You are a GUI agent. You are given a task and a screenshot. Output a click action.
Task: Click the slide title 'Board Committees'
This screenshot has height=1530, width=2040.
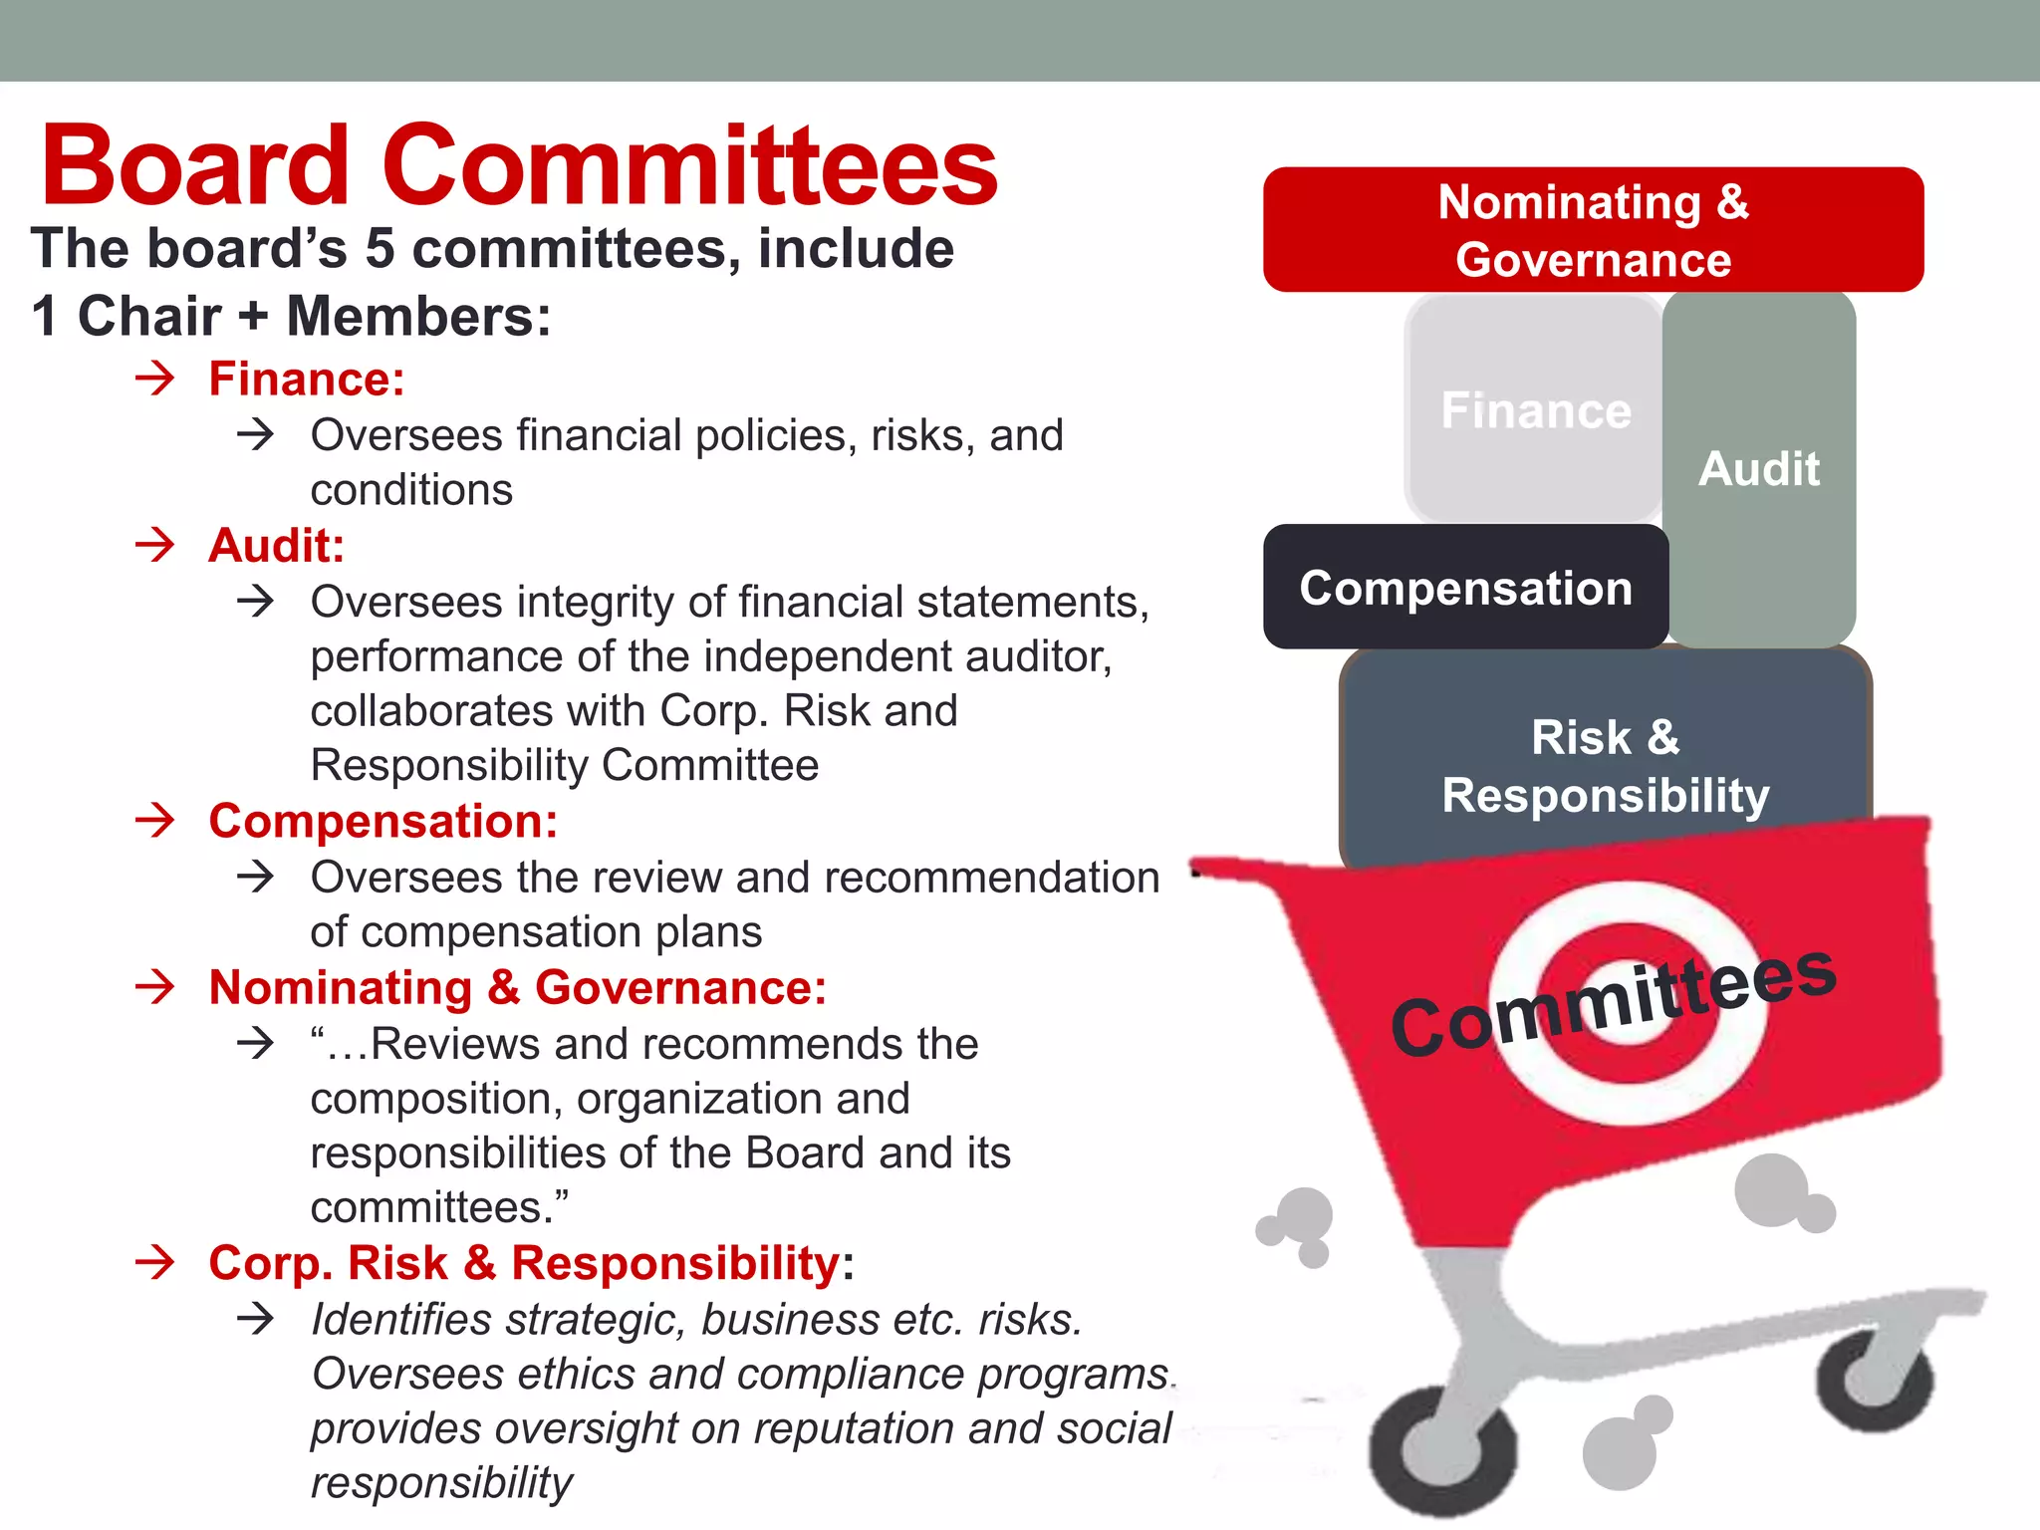click(x=518, y=165)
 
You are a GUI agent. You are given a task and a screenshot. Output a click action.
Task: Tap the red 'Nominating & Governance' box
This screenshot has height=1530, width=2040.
click(x=1593, y=229)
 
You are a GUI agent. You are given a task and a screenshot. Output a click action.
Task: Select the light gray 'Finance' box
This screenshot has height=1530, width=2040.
click(x=1535, y=409)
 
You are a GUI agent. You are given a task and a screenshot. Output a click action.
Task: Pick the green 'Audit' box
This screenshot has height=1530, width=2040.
click(x=1759, y=468)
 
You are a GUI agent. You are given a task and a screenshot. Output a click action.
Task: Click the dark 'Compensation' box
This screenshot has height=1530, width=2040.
click(x=1464, y=588)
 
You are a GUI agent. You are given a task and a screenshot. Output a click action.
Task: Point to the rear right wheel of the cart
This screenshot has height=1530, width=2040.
click(x=1874, y=1381)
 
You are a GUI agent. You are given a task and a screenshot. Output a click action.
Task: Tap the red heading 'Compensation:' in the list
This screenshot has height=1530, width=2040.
click(x=383, y=822)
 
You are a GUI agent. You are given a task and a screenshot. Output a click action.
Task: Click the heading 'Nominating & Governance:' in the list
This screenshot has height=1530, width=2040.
click(x=518, y=988)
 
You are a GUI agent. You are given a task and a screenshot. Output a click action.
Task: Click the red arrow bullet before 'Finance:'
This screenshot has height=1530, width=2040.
click(x=155, y=379)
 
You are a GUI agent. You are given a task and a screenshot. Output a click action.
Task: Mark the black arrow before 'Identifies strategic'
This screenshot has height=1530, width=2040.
click(x=256, y=1319)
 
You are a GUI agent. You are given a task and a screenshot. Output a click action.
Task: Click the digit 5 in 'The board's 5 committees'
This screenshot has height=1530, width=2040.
click(x=380, y=248)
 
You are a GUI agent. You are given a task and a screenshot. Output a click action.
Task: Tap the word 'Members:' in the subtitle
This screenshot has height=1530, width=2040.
click(x=418, y=317)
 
